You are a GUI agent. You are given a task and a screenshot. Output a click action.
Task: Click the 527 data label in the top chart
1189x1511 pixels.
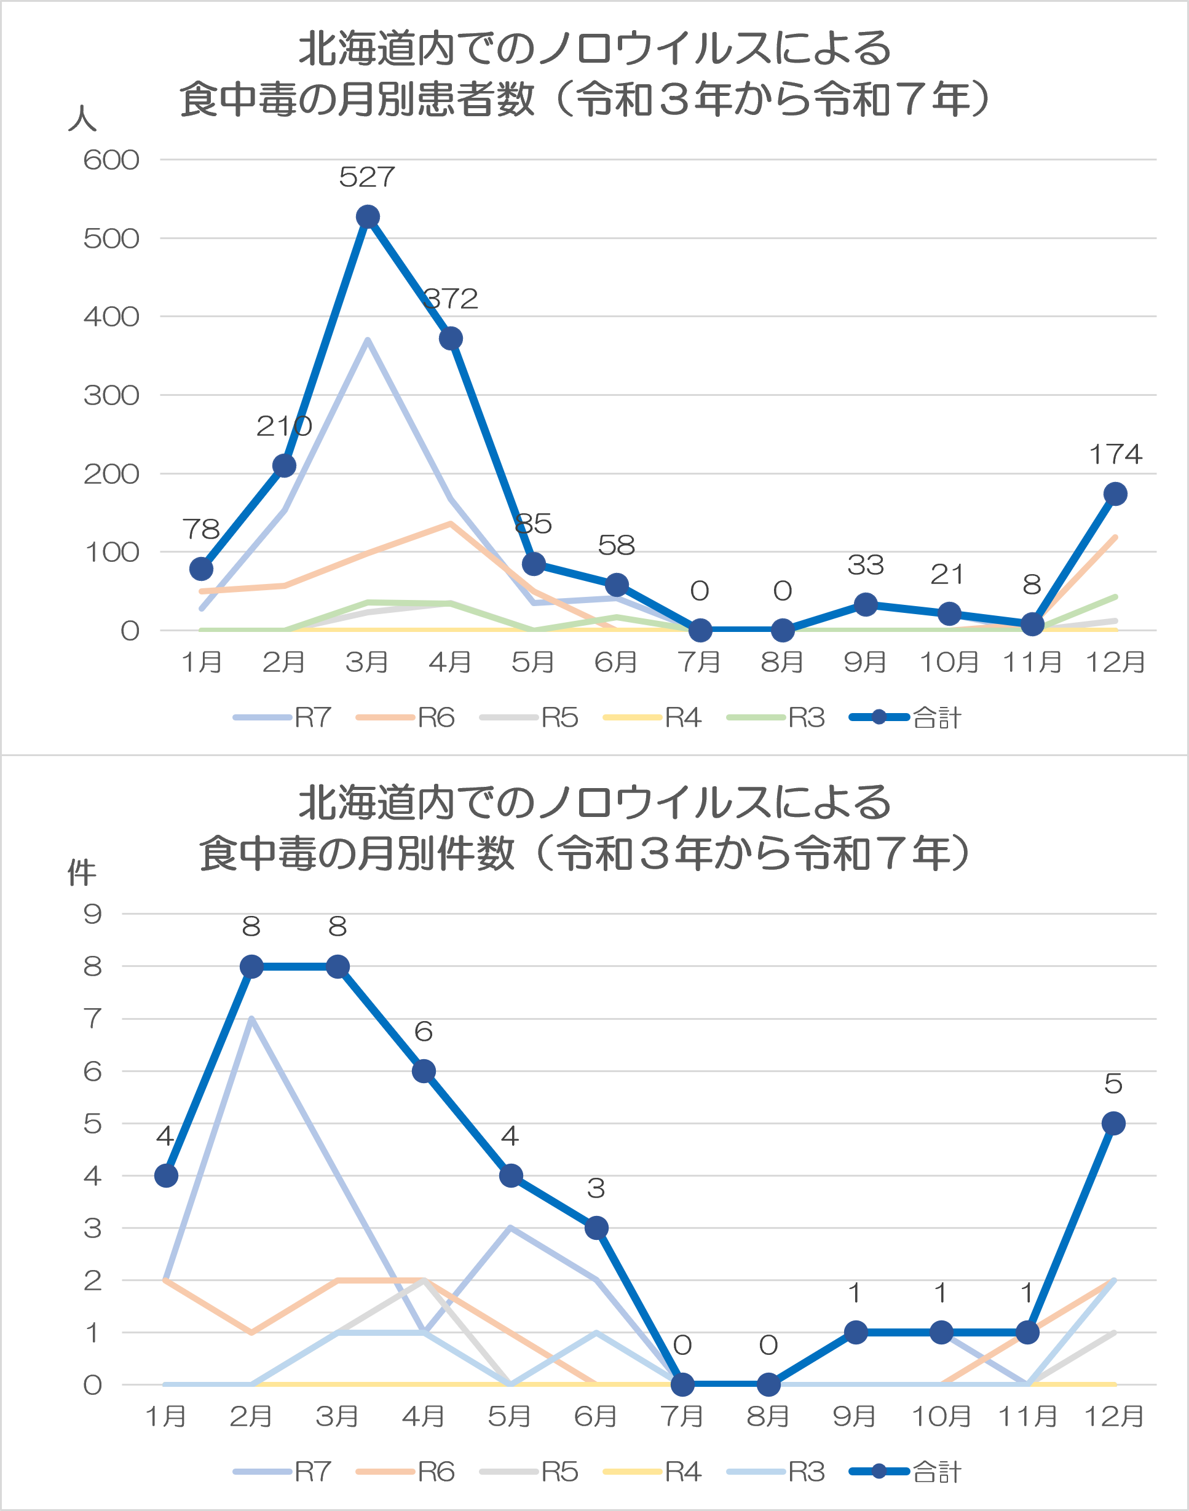pyautogui.click(x=367, y=177)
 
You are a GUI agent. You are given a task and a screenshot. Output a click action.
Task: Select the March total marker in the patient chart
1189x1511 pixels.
pyautogui.click(x=368, y=217)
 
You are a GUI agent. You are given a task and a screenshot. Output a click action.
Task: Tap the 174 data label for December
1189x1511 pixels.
pyautogui.click(x=1115, y=454)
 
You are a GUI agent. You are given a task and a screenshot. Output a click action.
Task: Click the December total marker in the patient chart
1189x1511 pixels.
pyautogui.click(x=1115, y=494)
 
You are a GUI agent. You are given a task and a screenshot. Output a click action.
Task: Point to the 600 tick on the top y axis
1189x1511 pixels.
pyautogui.click(x=111, y=160)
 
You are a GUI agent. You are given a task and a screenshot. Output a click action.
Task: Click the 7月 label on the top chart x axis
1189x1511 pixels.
pyautogui.click(x=699, y=662)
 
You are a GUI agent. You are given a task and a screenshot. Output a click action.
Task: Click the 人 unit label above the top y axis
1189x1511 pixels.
pyautogui.click(x=82, y=118)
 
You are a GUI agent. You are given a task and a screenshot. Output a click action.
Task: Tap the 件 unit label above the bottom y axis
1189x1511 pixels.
pyautogui.click(x=82, y=872)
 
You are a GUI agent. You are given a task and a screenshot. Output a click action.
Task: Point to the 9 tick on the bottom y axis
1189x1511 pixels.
pyautogui.click(x=93, y=914)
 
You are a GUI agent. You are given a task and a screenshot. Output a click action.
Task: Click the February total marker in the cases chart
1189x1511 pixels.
pyautogui.click(x=251, y=967)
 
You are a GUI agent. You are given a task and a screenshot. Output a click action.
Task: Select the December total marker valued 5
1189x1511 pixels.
pyautogui.click(x=1114, y=1123)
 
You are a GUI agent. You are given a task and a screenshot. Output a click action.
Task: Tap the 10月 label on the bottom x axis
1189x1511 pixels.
pyautogui.click(x=941, y=1416)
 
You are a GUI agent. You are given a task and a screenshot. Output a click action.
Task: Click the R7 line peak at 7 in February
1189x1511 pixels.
pyautogui.click(x=251, y=1020)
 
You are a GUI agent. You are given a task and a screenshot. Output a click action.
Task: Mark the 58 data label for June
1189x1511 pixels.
pyautogui.click(x=616, y=546)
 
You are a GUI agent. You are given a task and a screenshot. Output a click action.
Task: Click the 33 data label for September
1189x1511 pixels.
pyautogui.click(x=865, y=565)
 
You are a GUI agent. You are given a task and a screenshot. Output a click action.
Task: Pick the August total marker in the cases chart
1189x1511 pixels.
pyautogui.click(x=768, y=1385)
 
